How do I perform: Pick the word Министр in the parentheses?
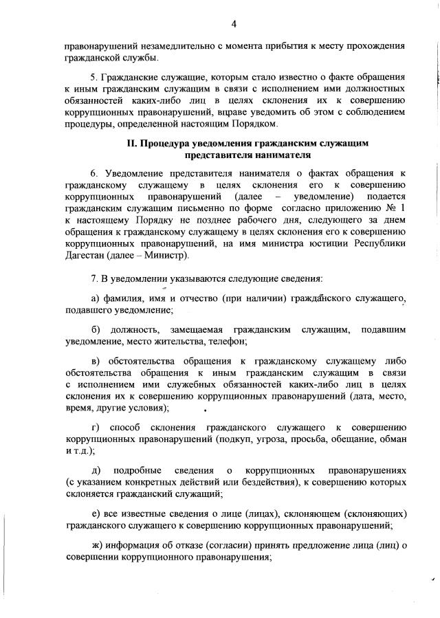point(168,255)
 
